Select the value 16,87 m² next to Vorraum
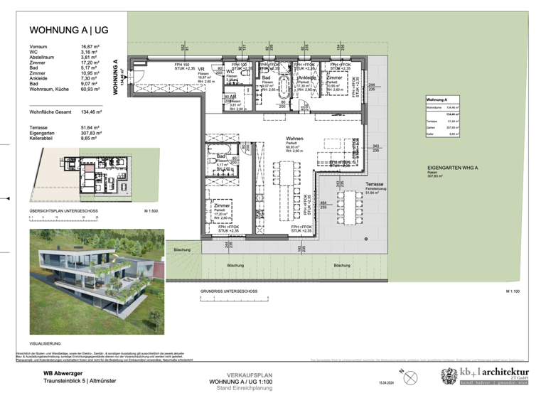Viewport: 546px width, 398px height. (x=92, y=45)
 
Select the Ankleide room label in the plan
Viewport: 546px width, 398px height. (x=307, y=77)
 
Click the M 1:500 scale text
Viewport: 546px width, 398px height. (x=151, y=211)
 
